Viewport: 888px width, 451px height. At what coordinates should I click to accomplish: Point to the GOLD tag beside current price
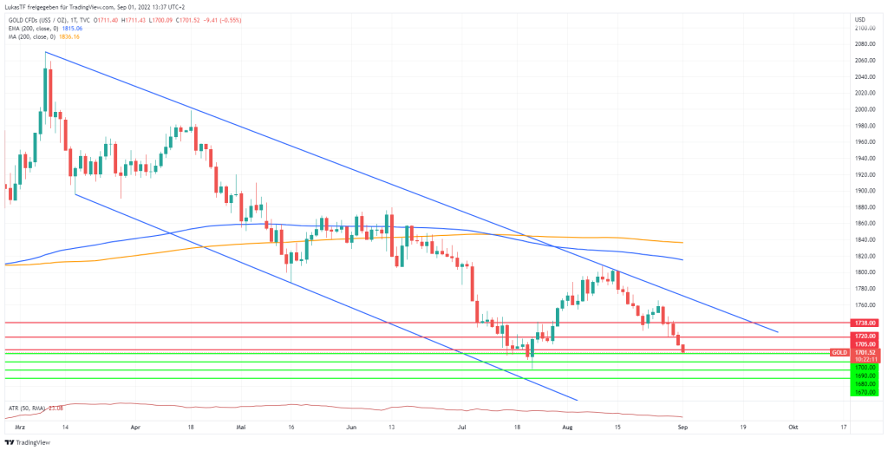pos(839,352)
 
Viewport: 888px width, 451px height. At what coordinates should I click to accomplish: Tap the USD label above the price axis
pos(860,19)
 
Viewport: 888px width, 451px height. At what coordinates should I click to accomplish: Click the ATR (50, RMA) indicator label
pos(25,408)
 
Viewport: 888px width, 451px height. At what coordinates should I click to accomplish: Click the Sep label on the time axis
pos(682,428)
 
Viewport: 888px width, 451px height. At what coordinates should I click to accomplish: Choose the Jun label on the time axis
pos(351,428)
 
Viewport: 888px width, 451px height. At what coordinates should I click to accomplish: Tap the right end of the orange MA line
pos(683,242)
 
